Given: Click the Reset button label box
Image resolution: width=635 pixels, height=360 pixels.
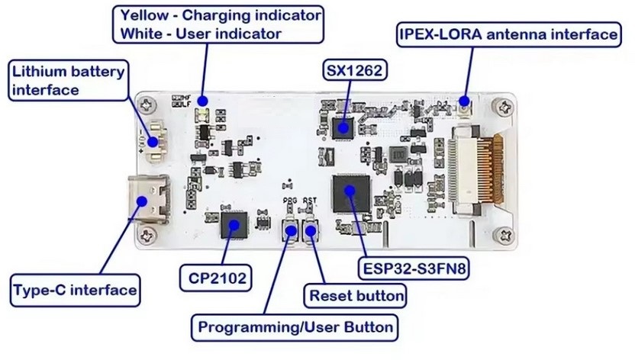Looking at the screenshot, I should point(355,294).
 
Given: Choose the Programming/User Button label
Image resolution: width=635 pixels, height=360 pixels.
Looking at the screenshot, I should point(295,327).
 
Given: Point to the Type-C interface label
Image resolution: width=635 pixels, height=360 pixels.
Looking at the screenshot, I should point(75,290).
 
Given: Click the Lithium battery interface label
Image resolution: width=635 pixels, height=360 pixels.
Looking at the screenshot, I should point(67,81).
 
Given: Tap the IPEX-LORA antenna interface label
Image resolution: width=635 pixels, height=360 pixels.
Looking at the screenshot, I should point(507,34).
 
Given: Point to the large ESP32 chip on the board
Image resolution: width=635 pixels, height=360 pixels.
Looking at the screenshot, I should point(350,192).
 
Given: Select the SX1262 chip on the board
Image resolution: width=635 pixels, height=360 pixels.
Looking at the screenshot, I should point(341,127).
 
